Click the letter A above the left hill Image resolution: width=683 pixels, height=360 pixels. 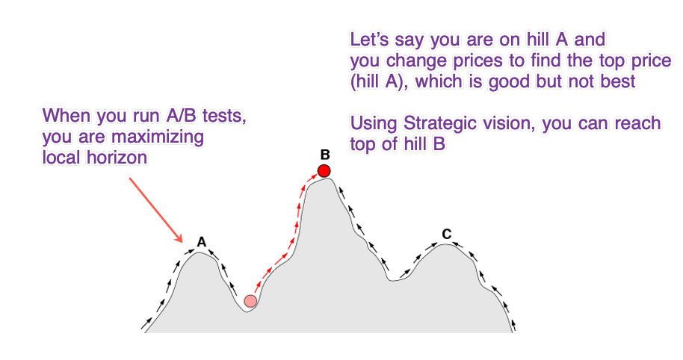click(x=201, y=241)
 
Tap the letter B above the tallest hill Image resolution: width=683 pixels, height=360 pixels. click(x=325, y=155)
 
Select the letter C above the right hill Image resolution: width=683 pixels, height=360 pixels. click(x=446, y=234)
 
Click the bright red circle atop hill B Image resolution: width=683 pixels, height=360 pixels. click(x=324, y=171)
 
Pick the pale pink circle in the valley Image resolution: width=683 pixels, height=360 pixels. click(x=250, y=301)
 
